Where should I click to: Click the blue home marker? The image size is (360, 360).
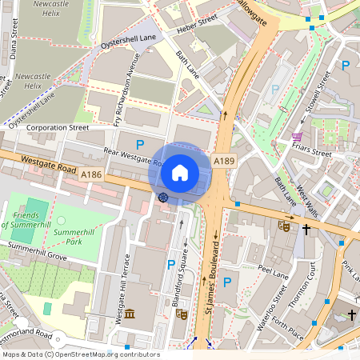coord(180,173)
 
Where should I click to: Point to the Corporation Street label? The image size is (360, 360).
coord(58,127)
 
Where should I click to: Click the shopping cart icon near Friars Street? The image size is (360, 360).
coord(297,137)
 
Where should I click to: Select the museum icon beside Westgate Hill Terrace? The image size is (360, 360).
coord(129,314)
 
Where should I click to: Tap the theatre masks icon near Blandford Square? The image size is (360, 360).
coord(181,314)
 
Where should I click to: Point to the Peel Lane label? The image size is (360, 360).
coord(274,273)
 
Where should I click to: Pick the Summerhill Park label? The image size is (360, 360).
coord(74,235)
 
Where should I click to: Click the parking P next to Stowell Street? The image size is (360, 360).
coord(346,66)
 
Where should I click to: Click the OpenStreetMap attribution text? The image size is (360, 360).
coord(80,354)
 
